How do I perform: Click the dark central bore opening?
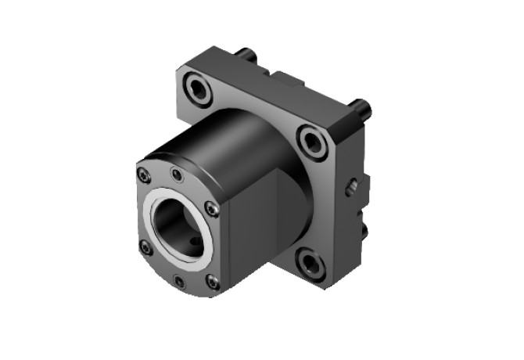pos(178,227)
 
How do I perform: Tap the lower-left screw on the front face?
pos(145,247)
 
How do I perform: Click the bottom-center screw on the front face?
pos(180,281)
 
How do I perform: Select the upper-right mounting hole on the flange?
pos(314,142)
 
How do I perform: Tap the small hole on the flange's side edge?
pos(353,187)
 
